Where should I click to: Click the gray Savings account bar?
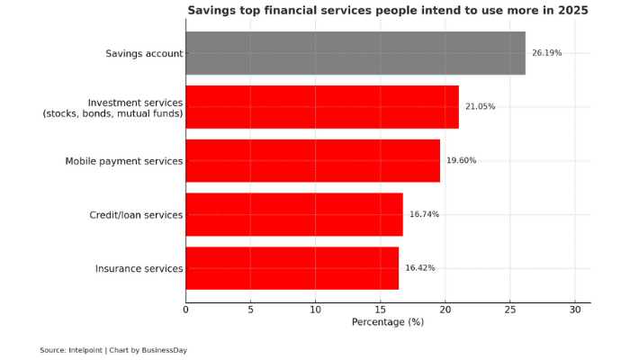pos(355,53)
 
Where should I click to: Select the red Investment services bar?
pos(322,107)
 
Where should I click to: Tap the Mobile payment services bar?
pos(313,160)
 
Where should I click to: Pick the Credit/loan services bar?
pos(294,214)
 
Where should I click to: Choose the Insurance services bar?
pos(292,267)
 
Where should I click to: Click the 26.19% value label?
pos(546,53)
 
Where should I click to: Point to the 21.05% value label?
pos(480,107)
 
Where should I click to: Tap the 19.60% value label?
pos(461,160)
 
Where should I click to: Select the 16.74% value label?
pos(424,214)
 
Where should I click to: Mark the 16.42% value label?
pos(419,267)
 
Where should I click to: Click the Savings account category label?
pos(144,54)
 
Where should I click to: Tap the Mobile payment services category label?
pos(124,161)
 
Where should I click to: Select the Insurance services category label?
pos(139,268)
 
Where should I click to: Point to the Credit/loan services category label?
pos(136,215)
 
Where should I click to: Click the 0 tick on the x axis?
pos(186,310)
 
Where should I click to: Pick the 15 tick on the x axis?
pos(381,310)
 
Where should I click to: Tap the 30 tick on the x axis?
pos(575,310)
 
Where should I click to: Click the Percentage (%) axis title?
pos(387,322)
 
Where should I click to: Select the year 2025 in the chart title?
pos(571,11)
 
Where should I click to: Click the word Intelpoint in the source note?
pos(85,350)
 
